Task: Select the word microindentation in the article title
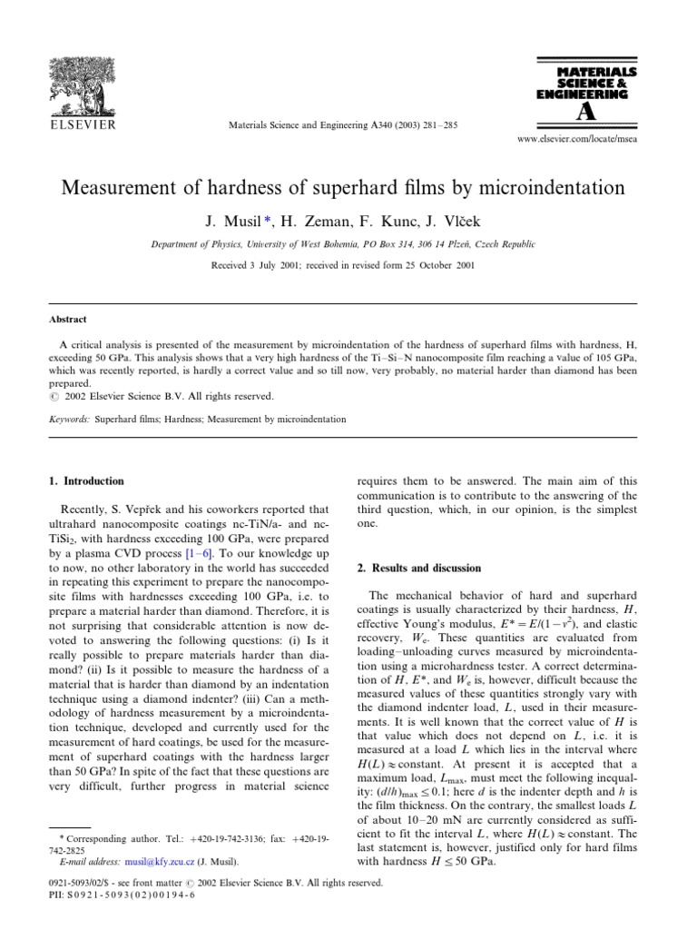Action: [x=543, y=189]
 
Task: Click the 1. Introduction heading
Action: [x=87, y=480]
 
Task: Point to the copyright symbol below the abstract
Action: [x=53, y=396]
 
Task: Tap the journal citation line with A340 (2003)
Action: [x=348, y=124]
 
